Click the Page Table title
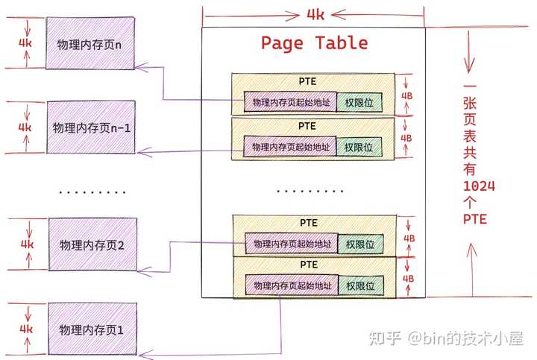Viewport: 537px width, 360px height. coord(314,43)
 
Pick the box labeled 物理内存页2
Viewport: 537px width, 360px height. coord(92,244)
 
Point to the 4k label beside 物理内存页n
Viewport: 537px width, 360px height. coord(26,43)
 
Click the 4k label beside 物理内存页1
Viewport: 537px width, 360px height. coord(26,328)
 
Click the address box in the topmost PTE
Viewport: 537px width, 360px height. coord(289,102)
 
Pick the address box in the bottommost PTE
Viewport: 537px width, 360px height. coord(292,285)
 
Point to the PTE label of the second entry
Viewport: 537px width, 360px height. coord(307,126)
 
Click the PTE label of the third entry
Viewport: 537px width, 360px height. coord(309,222)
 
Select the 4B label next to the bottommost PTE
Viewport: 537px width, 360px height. coord(408,279)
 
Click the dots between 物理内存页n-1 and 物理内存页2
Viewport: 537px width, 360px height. coord(92,192)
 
